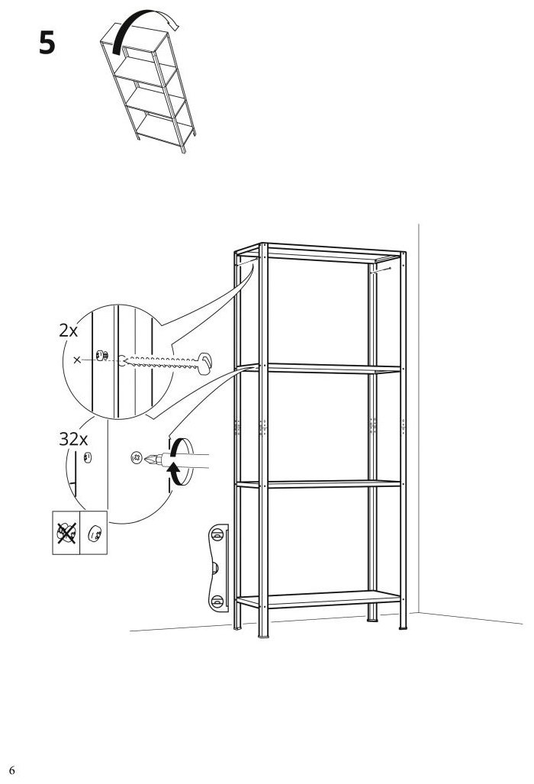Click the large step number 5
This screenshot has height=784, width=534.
47,43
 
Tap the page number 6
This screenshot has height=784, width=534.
11,769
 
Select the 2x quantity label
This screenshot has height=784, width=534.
69,331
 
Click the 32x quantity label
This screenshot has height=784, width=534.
73,440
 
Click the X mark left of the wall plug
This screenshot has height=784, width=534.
77,360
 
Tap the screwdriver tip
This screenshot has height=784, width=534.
148,458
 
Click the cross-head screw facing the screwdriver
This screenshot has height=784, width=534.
135,457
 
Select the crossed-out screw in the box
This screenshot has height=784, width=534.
66,533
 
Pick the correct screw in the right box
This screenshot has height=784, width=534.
94,534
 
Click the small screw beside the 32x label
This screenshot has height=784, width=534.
88,457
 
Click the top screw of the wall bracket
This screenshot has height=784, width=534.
217,534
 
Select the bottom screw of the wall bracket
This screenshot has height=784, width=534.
217,602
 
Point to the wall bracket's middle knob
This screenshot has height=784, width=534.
215,567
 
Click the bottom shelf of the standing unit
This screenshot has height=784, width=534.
319,598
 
